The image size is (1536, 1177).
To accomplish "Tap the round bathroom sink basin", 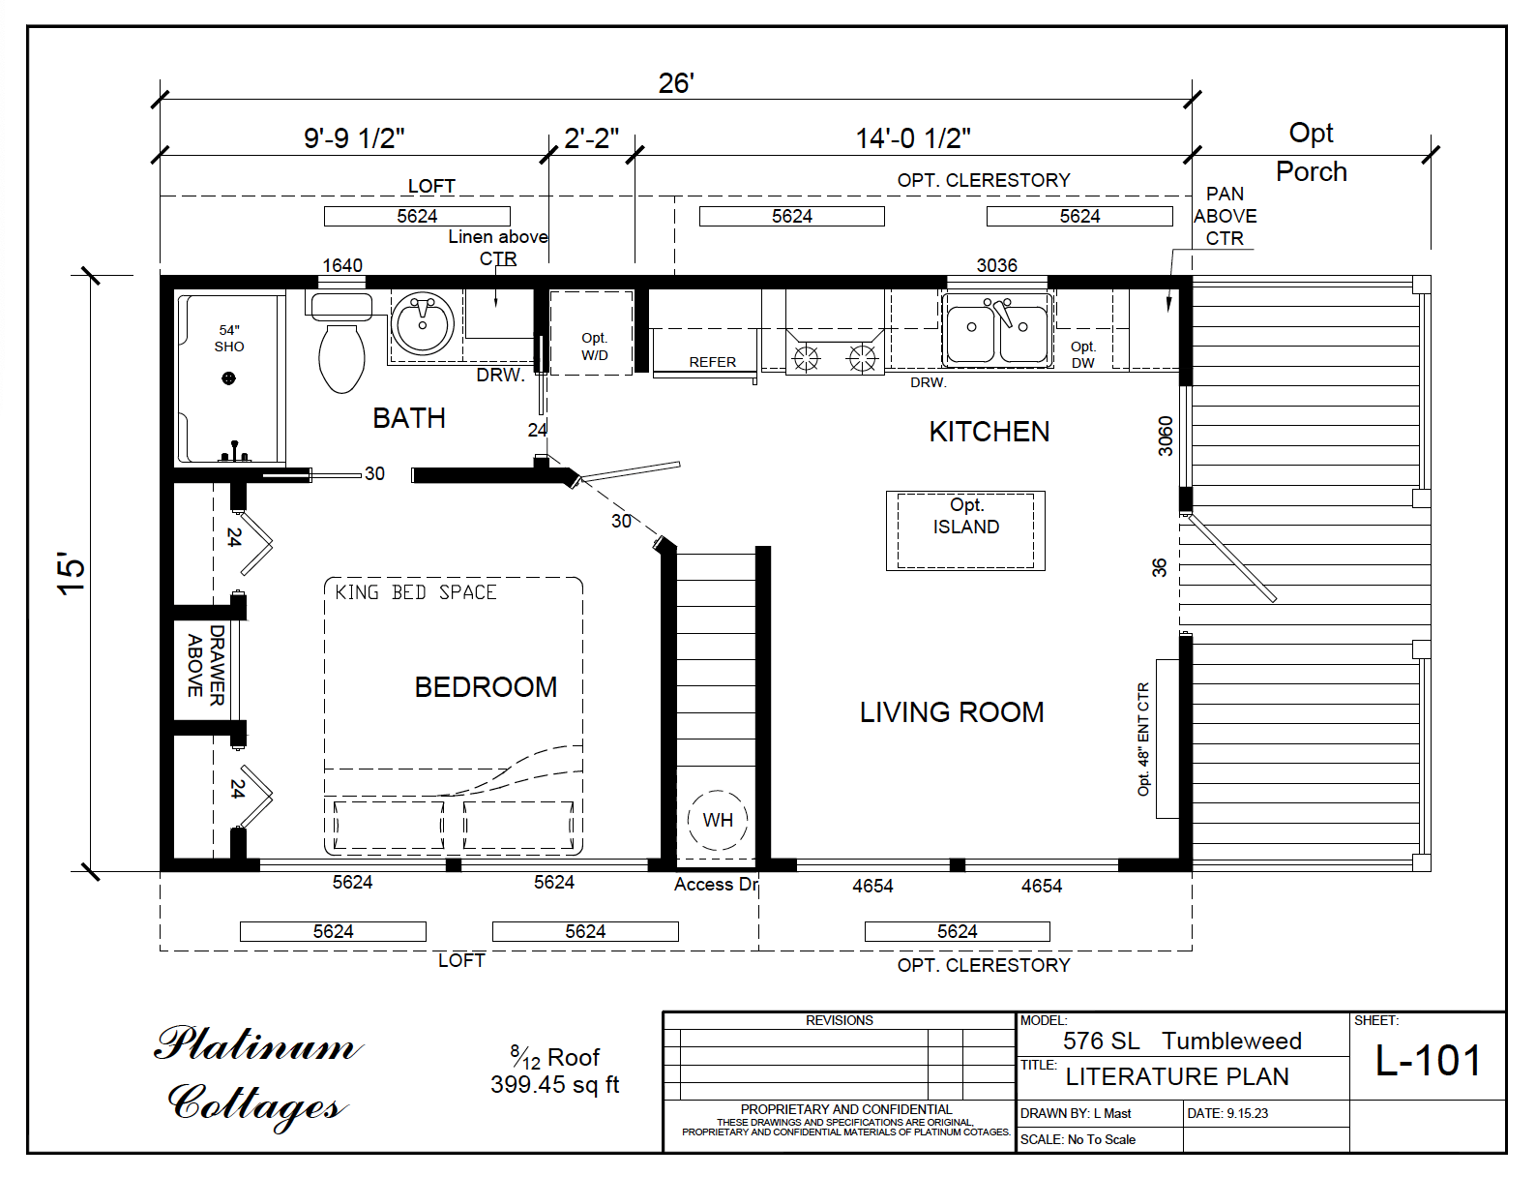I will tap(423, 323).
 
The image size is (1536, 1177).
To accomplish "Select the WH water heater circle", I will tap(717, 820).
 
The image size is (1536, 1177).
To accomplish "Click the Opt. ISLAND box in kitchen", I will tap(965, 529).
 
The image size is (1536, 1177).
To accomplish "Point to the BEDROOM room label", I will tap(486, 687).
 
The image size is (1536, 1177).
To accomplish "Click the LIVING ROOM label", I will tap(952, 712).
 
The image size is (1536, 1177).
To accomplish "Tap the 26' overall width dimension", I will tap(676, 83).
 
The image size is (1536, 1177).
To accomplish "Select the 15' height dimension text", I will tap(73, 573).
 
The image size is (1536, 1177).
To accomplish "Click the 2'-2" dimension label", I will tap(591, 138).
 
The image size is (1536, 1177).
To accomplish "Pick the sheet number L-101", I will tap(1428, 1061).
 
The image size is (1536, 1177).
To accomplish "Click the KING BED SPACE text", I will tap(415, 592).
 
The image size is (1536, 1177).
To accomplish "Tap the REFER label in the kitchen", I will tap(712, 362).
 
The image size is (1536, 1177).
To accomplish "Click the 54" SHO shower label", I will tap(229, 339).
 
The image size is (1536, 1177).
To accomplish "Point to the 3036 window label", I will tap(996, 265).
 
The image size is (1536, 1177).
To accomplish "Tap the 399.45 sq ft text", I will tap(554, 1085).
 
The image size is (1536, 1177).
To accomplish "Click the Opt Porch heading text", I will tap(1311, 152).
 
